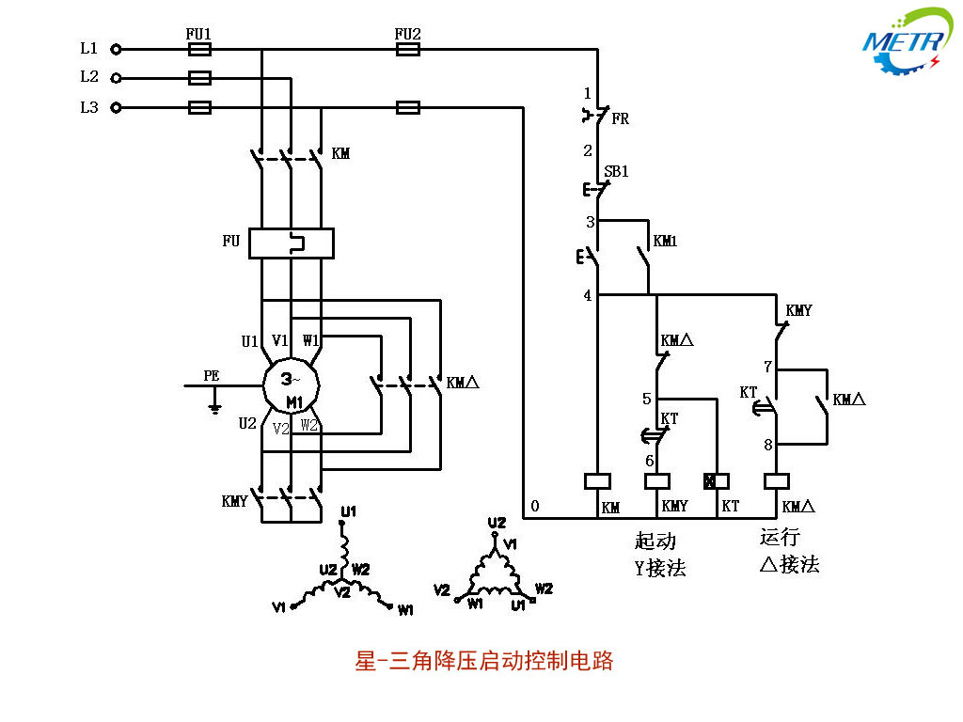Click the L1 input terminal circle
pos(117,49)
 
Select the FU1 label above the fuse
pos(198,34)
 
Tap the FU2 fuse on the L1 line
pos(408,49)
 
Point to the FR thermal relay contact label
pos(621,119)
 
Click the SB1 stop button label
pos(616,172)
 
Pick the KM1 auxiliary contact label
pos(666,242)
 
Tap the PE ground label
pos(212,376)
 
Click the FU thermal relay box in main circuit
pos(292,243)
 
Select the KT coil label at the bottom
pos(730,506)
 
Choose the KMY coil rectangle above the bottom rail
pos(655,481)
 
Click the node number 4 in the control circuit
pos(588,296)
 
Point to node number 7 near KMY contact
pos(767,367)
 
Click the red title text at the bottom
pos(483,661)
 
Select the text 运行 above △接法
pos(780,537)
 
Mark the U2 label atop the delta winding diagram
pos(497,523)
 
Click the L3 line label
pos(89,107)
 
